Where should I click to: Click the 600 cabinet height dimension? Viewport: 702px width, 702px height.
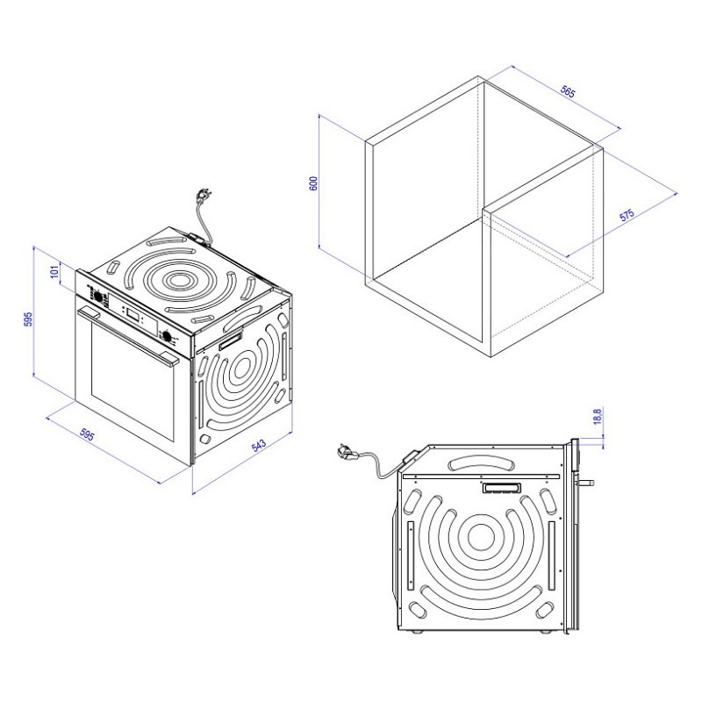[313, 183]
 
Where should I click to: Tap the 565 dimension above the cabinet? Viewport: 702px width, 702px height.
[568, 92]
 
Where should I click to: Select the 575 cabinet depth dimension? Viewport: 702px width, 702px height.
[627, 214]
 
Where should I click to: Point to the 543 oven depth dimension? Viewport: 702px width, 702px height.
[259, 445]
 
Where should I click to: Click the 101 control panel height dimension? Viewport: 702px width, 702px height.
[54, 271]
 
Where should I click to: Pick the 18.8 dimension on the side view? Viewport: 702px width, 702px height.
[598, 416]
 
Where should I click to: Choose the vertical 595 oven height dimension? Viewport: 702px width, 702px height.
[28, 319]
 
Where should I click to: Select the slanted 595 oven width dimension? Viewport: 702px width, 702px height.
[87, 434]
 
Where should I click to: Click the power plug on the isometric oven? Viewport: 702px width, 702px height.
[204, 196]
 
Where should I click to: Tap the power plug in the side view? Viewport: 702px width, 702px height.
[347, 451]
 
